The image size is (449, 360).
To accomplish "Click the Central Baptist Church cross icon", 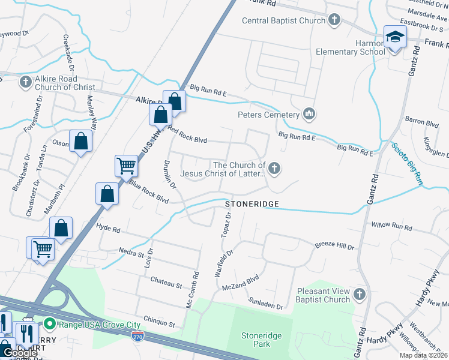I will tap(334, 21).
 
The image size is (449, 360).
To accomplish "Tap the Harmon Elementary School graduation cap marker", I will tap(395, 38).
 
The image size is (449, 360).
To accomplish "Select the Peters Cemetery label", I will tap(268, 115).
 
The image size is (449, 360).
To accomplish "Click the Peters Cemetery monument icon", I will tap(310, 113).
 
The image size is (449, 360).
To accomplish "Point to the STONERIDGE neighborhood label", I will tap(252, 205).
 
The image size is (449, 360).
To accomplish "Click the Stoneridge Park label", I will tap(261, 340).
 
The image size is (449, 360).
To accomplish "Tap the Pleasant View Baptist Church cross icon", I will tap(359, 294).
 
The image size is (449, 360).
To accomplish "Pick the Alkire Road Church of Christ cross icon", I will tap(25, 82).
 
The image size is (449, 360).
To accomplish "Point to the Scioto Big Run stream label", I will tap(408, 163).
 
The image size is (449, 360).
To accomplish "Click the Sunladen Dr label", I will tap(267, 306).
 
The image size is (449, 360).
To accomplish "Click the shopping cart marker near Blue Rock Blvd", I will tap(126, 164).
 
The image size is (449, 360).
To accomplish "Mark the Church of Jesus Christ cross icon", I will tap(274, 169).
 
